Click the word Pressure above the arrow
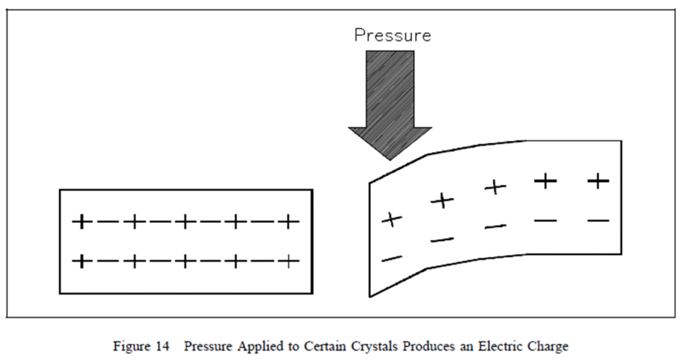pyautogui.click(x=392, y=35)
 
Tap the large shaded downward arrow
pyautogui.click(x=390, y=100)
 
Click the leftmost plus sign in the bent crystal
pyautogui.click(x=392, y=218)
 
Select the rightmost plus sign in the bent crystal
pyautogui.click(x=598, y=180)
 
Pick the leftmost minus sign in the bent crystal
pyautogui.click(x=392, y=258)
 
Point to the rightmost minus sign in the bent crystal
pyautogui.click(x=598, y=220)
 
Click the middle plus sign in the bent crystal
pyautogui.click(x=495, y=188)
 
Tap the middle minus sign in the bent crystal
pyautogui.click(x=495, y=227)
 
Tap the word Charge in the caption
pyautogui.click(x=550, y=347)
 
